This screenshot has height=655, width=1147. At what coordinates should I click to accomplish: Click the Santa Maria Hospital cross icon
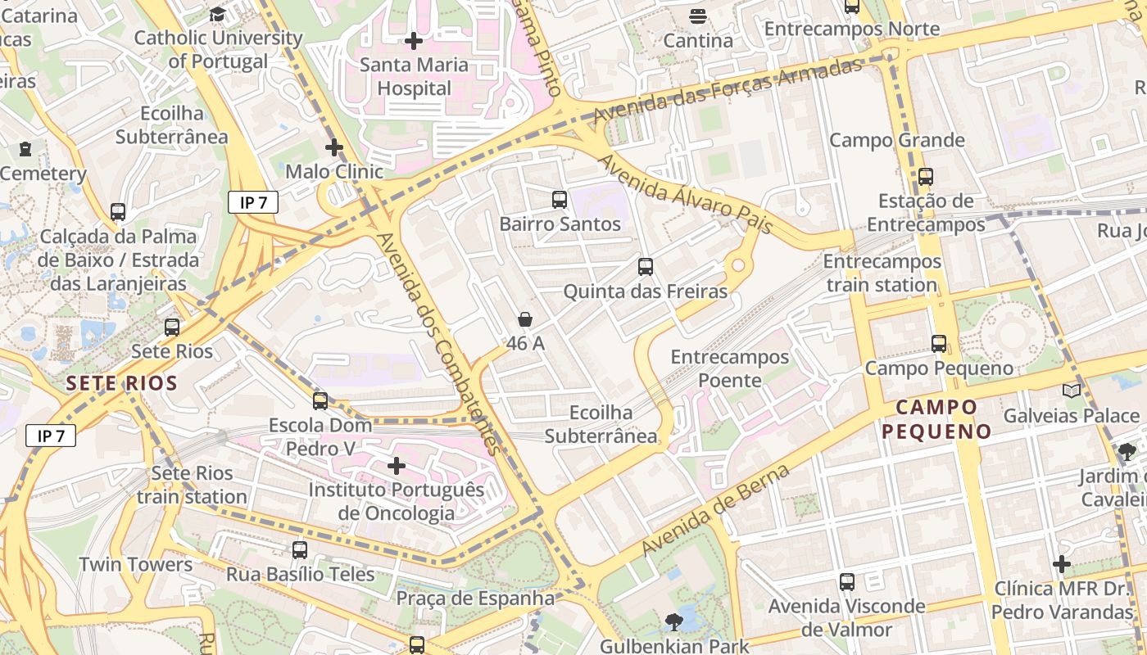click(x=414, y=40)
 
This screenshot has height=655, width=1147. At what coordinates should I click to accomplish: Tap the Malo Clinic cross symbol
click(x=333, y=147)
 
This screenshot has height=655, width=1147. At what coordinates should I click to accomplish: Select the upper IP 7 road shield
click(x=254, y=203)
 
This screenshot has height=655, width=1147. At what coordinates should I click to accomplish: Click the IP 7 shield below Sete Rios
click(x=51, y=436)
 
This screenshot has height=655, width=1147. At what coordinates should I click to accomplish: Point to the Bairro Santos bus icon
click(x=560, y=199)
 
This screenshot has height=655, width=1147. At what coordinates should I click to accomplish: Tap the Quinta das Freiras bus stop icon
click(x=646, y=266)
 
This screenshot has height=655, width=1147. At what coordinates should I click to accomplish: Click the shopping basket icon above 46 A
click(x=525, y=319)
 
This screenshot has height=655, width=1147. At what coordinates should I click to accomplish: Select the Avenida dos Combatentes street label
click(x=437, y=344)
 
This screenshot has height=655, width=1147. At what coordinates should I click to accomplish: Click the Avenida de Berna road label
click(x=716, y=508)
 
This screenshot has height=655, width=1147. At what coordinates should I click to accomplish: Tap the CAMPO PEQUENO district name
click(x=936, y=419)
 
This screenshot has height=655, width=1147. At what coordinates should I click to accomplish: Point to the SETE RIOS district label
click(x=122, y=383)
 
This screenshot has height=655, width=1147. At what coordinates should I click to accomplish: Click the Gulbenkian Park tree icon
click(x=674, y=622)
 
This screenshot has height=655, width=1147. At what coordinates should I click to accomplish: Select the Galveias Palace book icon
click(x=1072, y=391)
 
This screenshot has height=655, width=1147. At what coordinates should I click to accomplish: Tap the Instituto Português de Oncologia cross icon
click(x=397, y=466)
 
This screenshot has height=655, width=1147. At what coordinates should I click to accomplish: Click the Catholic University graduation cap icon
click(x=217, y=14)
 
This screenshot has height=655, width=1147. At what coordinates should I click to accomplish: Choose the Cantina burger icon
click(x=698, y=16)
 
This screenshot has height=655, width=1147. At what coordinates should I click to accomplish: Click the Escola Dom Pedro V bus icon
click(x=320, y=401)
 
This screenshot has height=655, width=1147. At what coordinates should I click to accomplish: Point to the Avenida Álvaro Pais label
click(x=687, y=193)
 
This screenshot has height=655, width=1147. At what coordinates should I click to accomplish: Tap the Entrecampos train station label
click(x=882, y=273)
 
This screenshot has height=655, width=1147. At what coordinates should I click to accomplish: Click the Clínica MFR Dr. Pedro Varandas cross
click(x=1062, y=564)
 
